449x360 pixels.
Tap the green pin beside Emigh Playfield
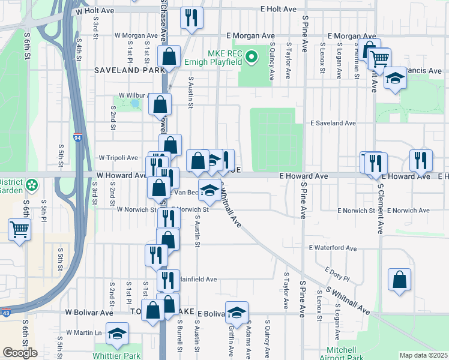click(x=252, y=58)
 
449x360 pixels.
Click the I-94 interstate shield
click(x=78, y=137)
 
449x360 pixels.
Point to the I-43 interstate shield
click(x=5, y=313)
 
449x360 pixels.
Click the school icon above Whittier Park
click(x=118, y=334)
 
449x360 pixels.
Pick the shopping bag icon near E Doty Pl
click(x=400, y=280)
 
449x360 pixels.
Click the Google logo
click(x=20, y=353)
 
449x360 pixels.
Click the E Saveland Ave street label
click(x=333, y=123)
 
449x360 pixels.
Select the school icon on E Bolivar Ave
click(x=237, y=312)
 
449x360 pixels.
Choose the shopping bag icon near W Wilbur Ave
click(x=160, y=104)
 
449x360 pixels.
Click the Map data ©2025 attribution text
click(x=423, y=355)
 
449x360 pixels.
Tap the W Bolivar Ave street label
click(x=89, y=313)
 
